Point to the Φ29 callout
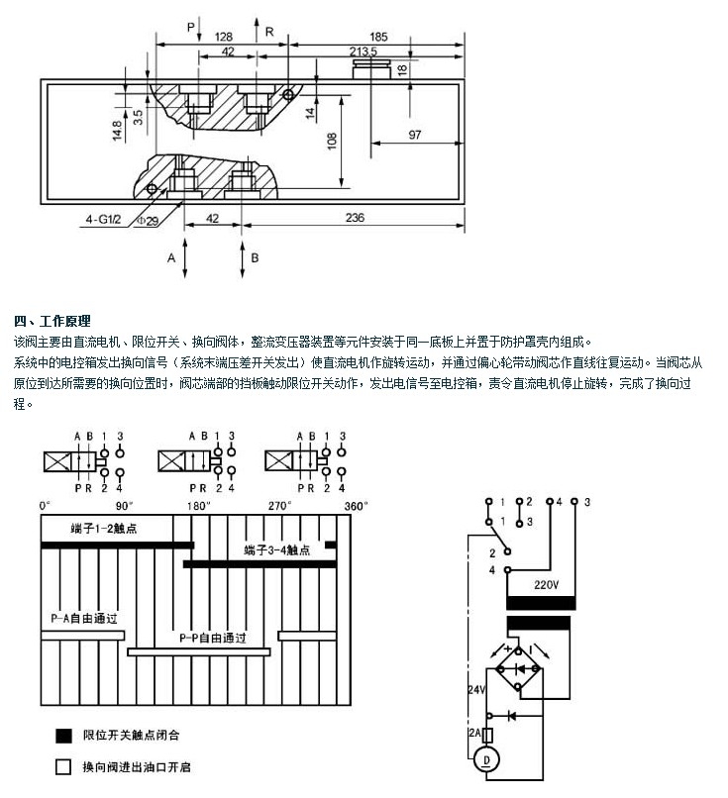point(147,222)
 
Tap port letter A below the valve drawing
point(170,257)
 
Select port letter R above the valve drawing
point(268,32)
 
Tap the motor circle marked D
point(485,759)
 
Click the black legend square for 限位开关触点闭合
point(64,736)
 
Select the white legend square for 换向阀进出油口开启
point(64,766)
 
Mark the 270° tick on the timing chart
point(280,506)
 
